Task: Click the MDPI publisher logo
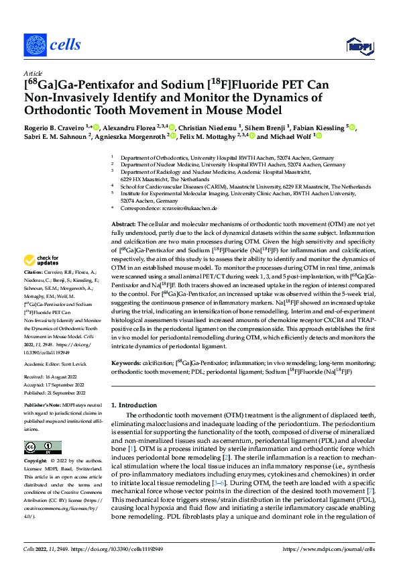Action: [x=357, y=46]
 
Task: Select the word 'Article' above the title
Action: [x=32, y=74]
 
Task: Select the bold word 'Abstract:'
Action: [x=124, y=223]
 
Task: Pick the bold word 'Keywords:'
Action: [x=127, y=363]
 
